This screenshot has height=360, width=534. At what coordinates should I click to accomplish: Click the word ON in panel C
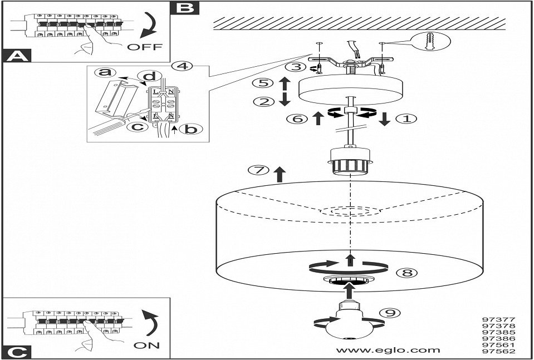pyautogui.click(x=147, y=345)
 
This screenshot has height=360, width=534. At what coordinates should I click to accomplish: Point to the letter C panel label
pyautogui.click(x=17, y=352)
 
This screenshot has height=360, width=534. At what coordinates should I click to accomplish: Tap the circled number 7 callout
pyautogui.click(x=257, y=170)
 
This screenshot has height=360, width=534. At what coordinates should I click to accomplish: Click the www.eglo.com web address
pyautogui.click(x=389, y=350)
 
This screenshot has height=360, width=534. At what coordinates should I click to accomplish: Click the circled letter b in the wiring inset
pyautogui.click(x=191, y=129)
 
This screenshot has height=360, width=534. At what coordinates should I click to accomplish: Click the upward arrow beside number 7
pyautogui.click(x=279, y=173)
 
